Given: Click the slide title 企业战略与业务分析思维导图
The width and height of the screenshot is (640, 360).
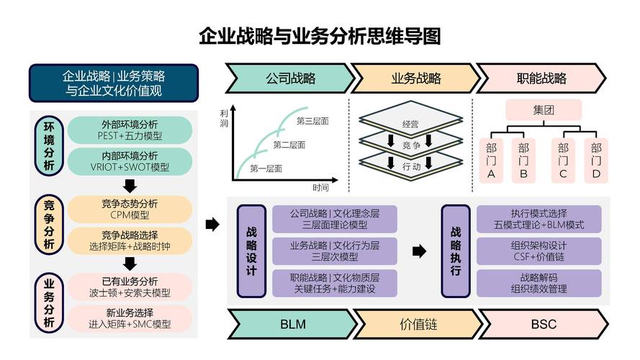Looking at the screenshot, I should (x=320, y=37).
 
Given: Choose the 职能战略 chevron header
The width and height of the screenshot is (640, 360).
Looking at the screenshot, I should (x=541, y=78).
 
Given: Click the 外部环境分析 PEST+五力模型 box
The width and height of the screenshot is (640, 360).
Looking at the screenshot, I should (x=130, y=130).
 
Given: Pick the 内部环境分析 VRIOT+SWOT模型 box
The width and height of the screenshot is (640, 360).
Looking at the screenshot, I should (x=130, y=161).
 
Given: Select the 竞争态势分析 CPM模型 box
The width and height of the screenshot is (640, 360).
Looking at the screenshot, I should (x=130, y=209).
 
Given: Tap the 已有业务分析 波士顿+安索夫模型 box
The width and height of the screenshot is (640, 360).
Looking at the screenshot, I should (x=130, y=287).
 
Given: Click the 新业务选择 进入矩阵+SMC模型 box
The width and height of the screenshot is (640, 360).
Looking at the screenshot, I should (x=130, y=318).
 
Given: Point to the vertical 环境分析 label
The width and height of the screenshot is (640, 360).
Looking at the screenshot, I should (x=48, y=145).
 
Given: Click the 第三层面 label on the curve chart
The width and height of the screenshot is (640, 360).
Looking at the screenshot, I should (x=312, y=121).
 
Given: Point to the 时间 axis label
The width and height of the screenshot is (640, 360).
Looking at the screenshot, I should (x=321, y=188).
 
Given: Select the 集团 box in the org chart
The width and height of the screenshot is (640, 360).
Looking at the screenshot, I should (x=543, y=110).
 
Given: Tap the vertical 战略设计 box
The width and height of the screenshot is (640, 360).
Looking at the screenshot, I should (x=251, y=251).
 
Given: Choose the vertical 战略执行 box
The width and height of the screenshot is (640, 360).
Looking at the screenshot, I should (x=456, y=251).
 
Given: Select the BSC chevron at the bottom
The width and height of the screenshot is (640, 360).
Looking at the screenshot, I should (x=544, y=324).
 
